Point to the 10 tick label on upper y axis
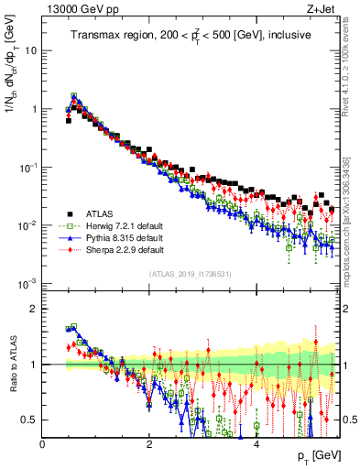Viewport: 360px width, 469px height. coord(29,50)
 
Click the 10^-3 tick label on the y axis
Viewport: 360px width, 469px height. coord(27,283)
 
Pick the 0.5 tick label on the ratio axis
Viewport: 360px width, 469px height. coord(30,420)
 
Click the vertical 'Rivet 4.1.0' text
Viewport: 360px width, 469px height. coord(349,73)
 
